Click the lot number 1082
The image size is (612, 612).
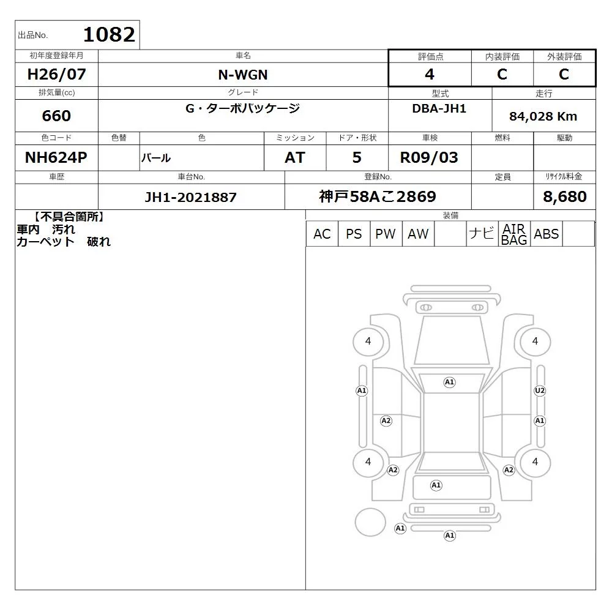coord(110,35)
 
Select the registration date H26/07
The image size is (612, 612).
coord(56,74)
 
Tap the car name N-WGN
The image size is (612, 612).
coord(243,75)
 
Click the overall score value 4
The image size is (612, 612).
coord(430,74)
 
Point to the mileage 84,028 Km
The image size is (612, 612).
coord(543,116)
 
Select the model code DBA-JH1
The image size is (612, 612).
coord(439,108)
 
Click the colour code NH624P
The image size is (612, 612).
coord(56,157)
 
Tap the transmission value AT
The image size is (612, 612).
coord(295,157)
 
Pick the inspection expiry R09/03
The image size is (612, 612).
coord(429,157)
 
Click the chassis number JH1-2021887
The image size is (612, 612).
coord(191,197)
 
